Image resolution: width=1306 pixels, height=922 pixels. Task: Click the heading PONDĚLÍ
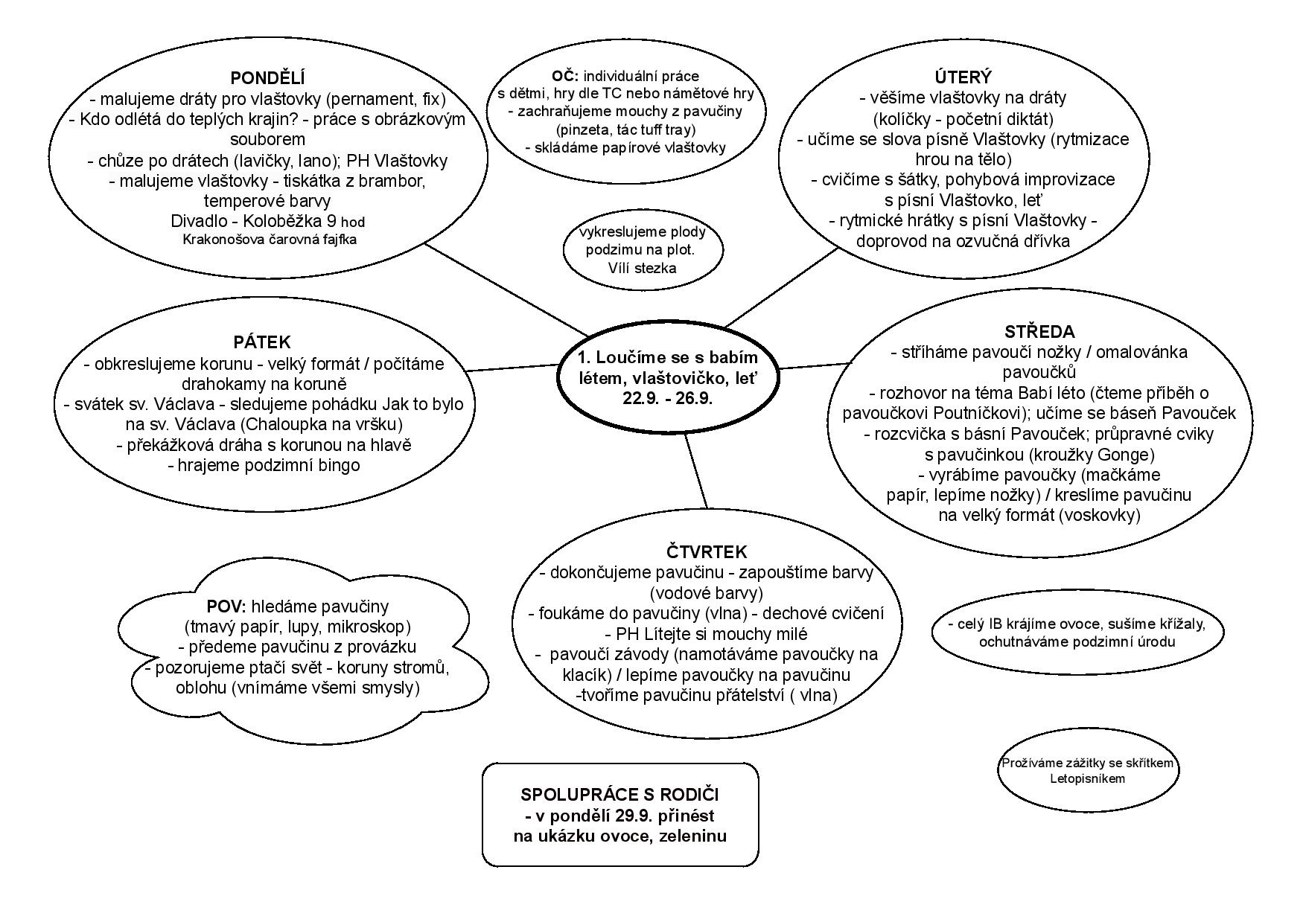pyautogui.click(x=267, y=78)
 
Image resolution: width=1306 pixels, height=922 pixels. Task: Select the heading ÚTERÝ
pyautogui.click(x=963, y=77)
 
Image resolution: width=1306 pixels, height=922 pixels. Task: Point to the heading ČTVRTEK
pyautogui.click(x=706, y=552)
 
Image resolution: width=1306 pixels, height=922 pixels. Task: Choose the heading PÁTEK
pyautogui.click(x=261, y=342)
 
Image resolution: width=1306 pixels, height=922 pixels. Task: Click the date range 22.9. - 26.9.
pyautogui.click(x=668, y=398)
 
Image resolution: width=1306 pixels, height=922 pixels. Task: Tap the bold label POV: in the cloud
pyautogui.click(x=231, y=606)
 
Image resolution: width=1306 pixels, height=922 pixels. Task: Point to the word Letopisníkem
pyautogui.click(x=1087, y=779)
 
